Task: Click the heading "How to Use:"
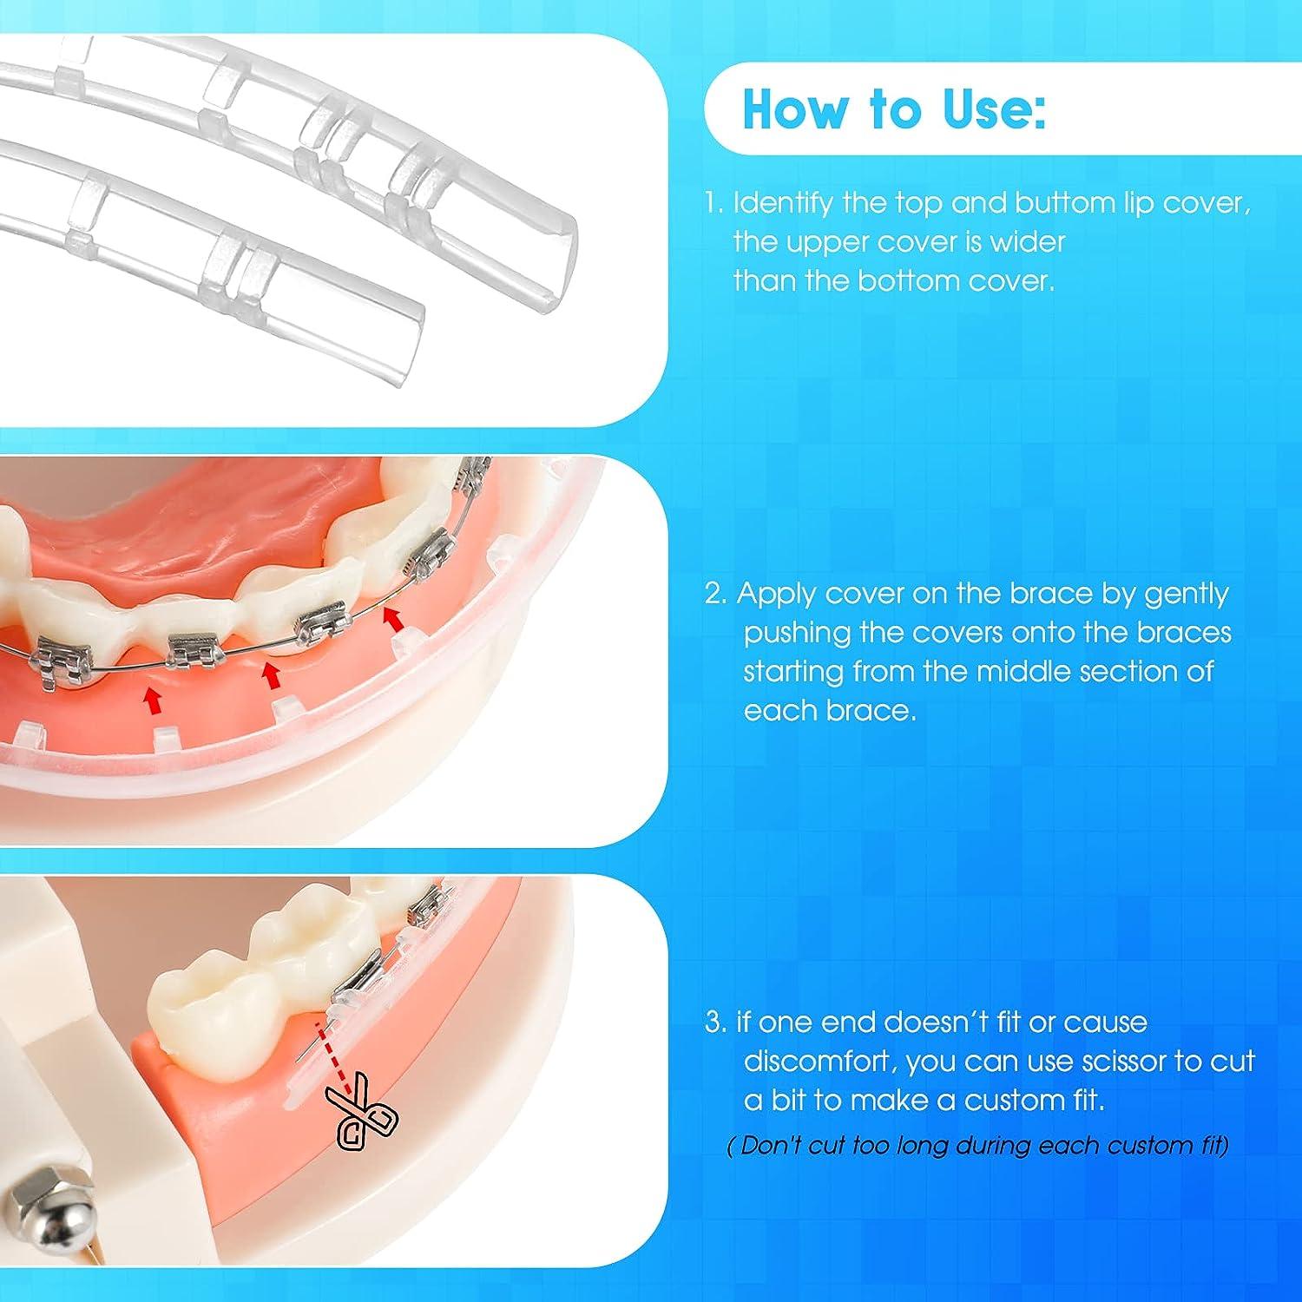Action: click(x=894, y=110)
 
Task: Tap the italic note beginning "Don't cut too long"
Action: click(x=978, y=1146)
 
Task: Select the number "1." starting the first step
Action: click(x=713, y=204)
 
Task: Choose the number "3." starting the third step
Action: click(x=716, y=1023)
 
